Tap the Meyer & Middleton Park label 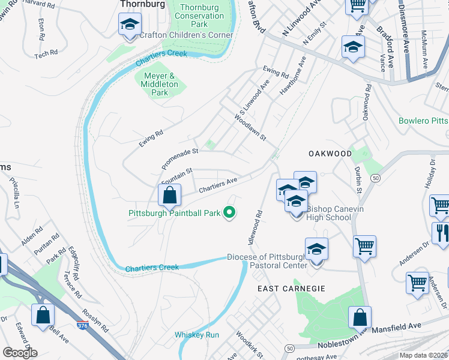click(160, 84)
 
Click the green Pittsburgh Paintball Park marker click(229, 212)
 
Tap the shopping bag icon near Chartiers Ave click(170, 195)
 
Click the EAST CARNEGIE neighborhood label click(291, 289)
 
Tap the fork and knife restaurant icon click(442, 233)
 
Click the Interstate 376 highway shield click(82, 325)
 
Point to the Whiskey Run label click(197, 335)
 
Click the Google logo click(20, 352)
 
